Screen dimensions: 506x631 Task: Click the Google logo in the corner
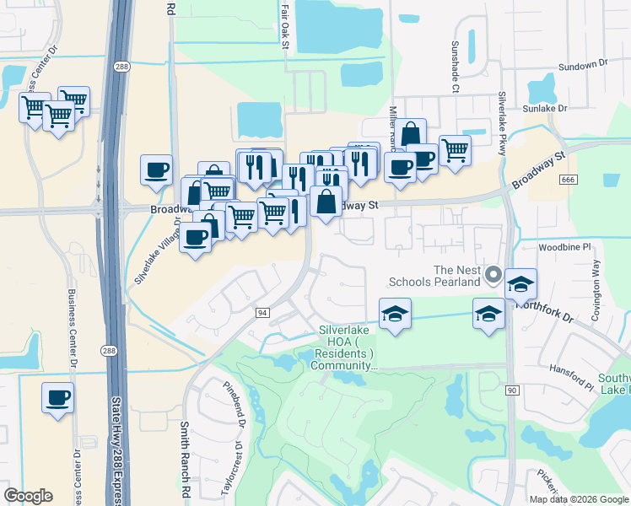(28, 496)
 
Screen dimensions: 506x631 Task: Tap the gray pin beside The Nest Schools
(494, 274)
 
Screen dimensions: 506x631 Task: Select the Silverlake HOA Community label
(346, 348)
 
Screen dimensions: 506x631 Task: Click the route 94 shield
(262, 313)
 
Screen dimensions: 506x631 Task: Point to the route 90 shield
(511, 390)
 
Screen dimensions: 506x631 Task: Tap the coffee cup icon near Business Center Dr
(57, 396)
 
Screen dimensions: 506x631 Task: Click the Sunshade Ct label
(456, 67)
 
